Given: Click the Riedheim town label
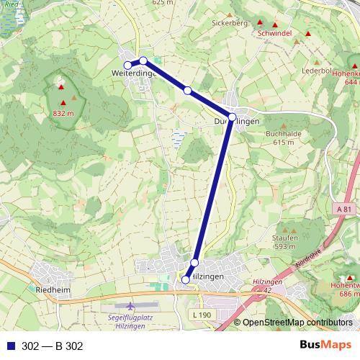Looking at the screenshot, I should tap(52, 290).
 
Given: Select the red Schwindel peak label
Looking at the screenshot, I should tap(273, 34).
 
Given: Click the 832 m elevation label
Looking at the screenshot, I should tap(63, 114).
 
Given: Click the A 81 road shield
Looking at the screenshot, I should tap(343, 208).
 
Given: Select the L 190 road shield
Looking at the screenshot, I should tap(204, 315).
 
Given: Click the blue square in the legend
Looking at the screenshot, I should tap(10, 346).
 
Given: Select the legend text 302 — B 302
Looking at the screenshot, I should tap(53, 346).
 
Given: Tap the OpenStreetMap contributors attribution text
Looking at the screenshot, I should tap(297, 323).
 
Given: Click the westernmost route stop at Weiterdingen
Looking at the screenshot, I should tap(128, 66).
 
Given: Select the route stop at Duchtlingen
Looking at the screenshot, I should tap(232, 117).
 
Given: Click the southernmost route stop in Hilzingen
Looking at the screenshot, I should tap(186, 279).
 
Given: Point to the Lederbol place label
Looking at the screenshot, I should tap(316, 71).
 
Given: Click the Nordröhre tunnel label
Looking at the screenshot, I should tap(307, 261).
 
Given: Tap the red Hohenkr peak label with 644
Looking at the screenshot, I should tap(346, 78).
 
